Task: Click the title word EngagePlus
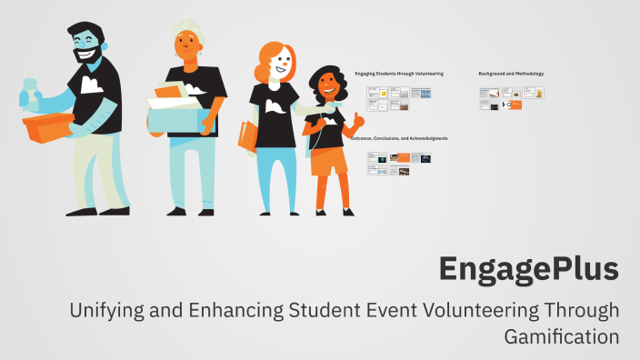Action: click(x=528, y=269)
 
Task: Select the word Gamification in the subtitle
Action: click(x=561, y=335)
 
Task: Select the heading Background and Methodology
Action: click(x=511, y=72)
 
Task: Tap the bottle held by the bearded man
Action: click(x=31, y=91)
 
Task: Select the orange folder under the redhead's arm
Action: click(x=247, y=136)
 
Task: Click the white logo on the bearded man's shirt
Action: click(x=91, y=85)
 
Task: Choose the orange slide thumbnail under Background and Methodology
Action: click(x=516, y=105)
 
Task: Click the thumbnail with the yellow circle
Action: click(x=384, y=93)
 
